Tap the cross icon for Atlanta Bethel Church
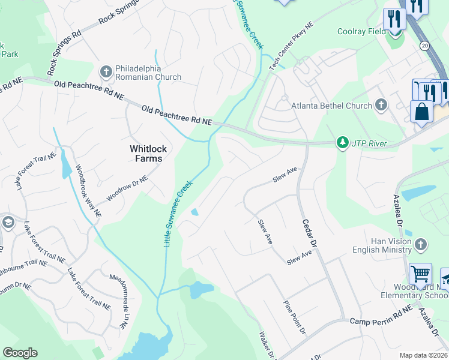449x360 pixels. pos(380,106)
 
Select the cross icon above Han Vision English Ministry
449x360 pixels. pos(421,244)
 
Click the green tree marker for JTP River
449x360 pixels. pos(342,143)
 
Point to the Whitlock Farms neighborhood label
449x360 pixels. pos(146,153)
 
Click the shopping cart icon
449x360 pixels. pos(420,274)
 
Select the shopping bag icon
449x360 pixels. pos(421,112)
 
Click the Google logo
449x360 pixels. pos(20,352)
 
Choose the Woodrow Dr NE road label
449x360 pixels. pos(127,188)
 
